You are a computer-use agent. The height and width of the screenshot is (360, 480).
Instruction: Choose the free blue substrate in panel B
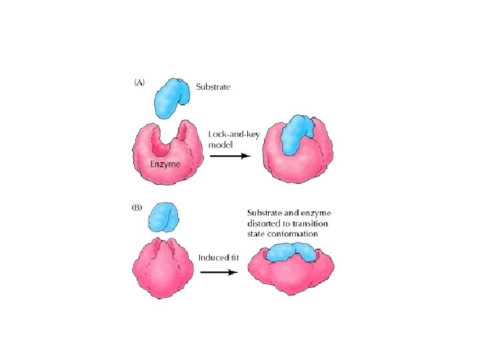(163, 218)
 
